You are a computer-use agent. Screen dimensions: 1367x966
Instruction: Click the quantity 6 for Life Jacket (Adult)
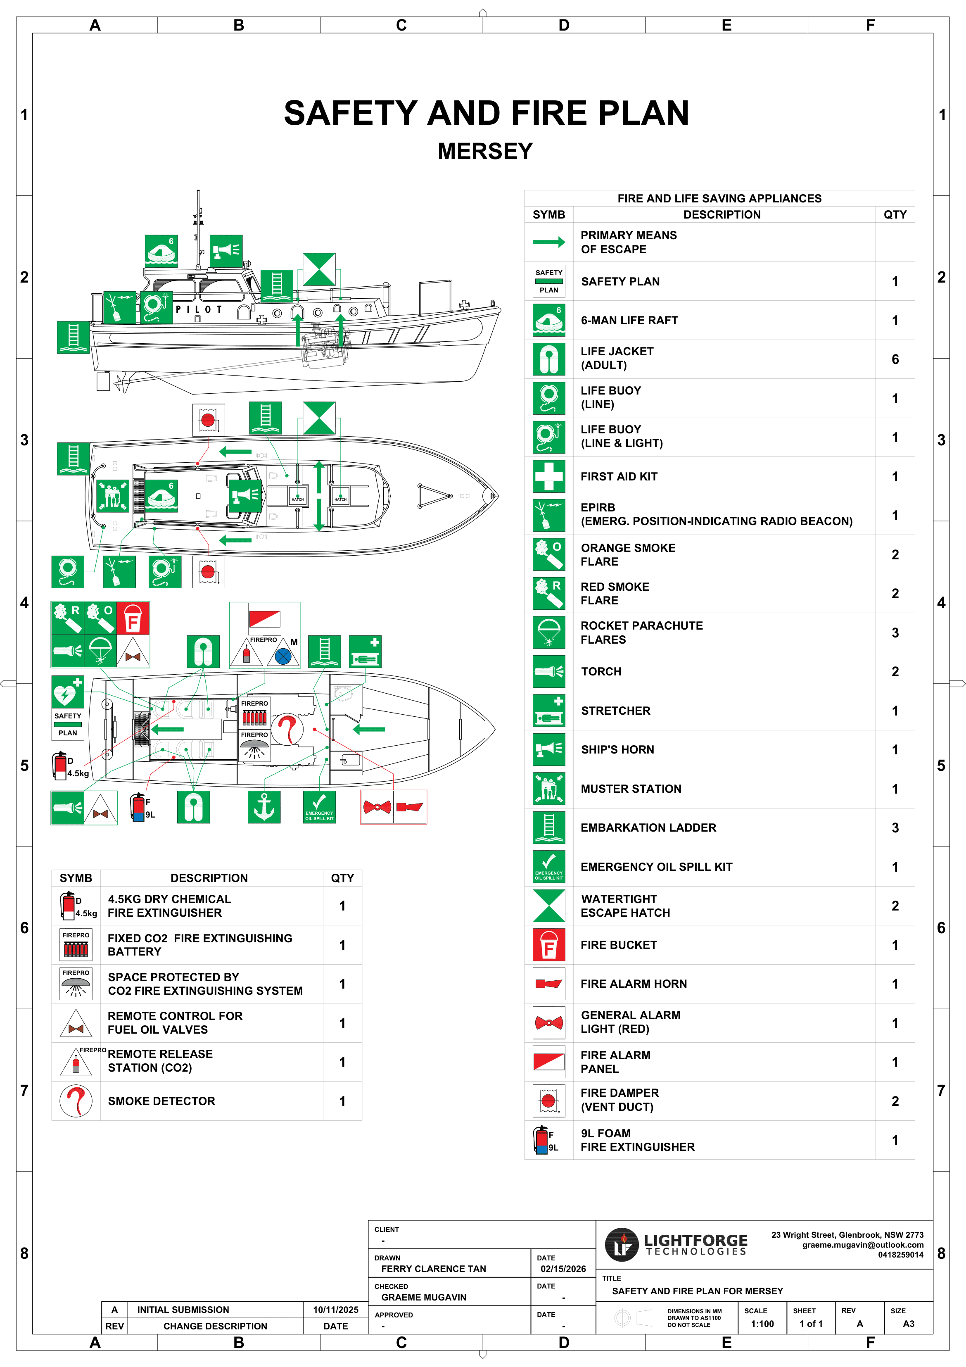tap(895, 359)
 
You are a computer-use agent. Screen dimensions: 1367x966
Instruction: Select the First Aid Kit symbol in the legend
tap(548, 476)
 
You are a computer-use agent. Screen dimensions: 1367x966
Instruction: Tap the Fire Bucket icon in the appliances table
tap(548, 945)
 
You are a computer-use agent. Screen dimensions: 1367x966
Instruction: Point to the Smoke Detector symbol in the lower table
tap(76, 1101)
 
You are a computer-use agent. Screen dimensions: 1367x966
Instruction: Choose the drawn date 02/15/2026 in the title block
tap(563, 1269)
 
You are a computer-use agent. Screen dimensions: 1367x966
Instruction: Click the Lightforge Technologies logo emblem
tap(622, 1244)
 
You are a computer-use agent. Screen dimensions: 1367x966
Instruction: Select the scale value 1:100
tap(762, 1324)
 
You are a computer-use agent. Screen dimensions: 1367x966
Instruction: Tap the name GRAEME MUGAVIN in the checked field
tap(424, 1297)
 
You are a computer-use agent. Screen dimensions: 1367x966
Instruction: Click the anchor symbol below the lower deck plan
tap(263, 807)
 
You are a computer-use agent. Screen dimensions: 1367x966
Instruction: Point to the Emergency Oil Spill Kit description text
tap(656, 867)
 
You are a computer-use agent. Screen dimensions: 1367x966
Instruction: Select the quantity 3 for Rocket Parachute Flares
tap(895, 633)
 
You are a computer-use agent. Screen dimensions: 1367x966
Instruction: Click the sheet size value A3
tap(908, 1324)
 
